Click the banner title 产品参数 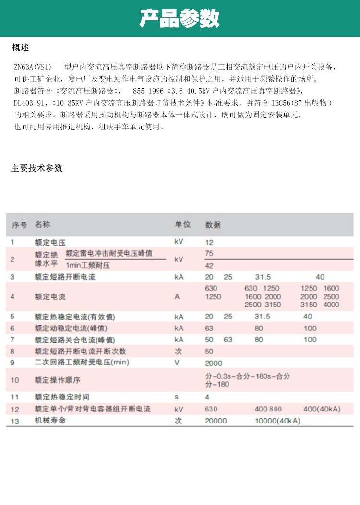180,19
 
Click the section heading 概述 21,47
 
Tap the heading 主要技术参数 37,168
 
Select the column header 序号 20,224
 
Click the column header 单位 182,224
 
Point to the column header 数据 213,225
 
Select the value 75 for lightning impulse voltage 209,253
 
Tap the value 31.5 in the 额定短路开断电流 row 263,277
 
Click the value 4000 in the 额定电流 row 331,305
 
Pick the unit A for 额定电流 177,297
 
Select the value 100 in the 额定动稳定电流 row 310,328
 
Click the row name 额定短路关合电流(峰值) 75,340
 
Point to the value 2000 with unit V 214,363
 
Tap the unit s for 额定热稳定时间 177,397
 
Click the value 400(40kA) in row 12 322,409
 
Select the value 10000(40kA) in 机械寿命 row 277,421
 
